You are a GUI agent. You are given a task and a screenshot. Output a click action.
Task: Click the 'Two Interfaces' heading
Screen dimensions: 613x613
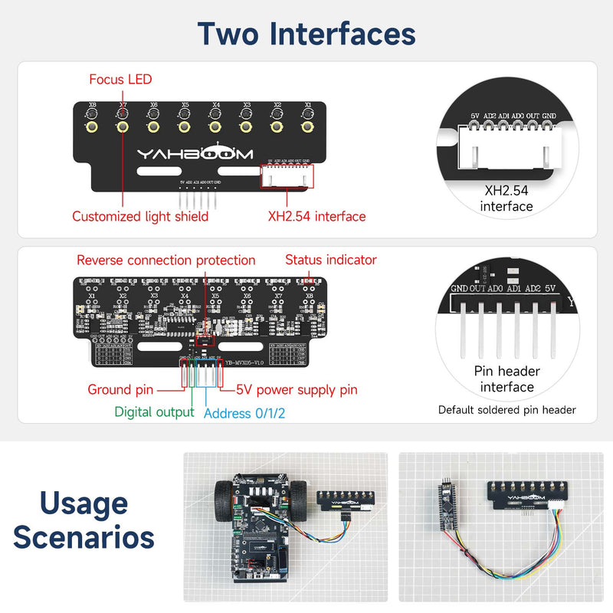click(x=306, y=34)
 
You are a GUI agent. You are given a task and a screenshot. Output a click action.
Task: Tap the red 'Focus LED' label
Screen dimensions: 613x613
click(x=120, y=79)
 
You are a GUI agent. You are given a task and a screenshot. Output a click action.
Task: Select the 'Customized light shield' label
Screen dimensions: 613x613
click(x=140, y=216)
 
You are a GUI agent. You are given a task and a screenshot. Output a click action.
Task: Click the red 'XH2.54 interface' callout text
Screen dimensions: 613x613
click(x=316, y=216)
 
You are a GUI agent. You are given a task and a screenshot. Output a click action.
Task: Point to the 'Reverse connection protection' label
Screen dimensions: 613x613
click(x=166, y=261)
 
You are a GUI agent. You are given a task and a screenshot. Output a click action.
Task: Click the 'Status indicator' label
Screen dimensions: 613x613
click(x=331, y=260)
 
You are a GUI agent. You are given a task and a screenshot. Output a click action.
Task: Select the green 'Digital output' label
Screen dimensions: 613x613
click(x=154, y=412)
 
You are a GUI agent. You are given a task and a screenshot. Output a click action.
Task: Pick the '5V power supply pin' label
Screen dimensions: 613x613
click(x=297, y=389)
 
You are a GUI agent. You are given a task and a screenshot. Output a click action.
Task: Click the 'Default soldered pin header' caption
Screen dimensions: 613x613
click(x=506, y=410)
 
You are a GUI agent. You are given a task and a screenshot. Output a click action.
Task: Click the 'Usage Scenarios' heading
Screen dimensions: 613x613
click(x=84, y=521)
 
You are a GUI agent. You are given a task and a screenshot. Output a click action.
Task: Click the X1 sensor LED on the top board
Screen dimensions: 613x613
click(x=307, y=126)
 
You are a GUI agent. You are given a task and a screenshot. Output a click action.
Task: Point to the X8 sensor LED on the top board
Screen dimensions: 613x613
click(x=92, y=126)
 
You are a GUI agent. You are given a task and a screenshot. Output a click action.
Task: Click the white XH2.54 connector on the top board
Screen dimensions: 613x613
click(x=287, y=176)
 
